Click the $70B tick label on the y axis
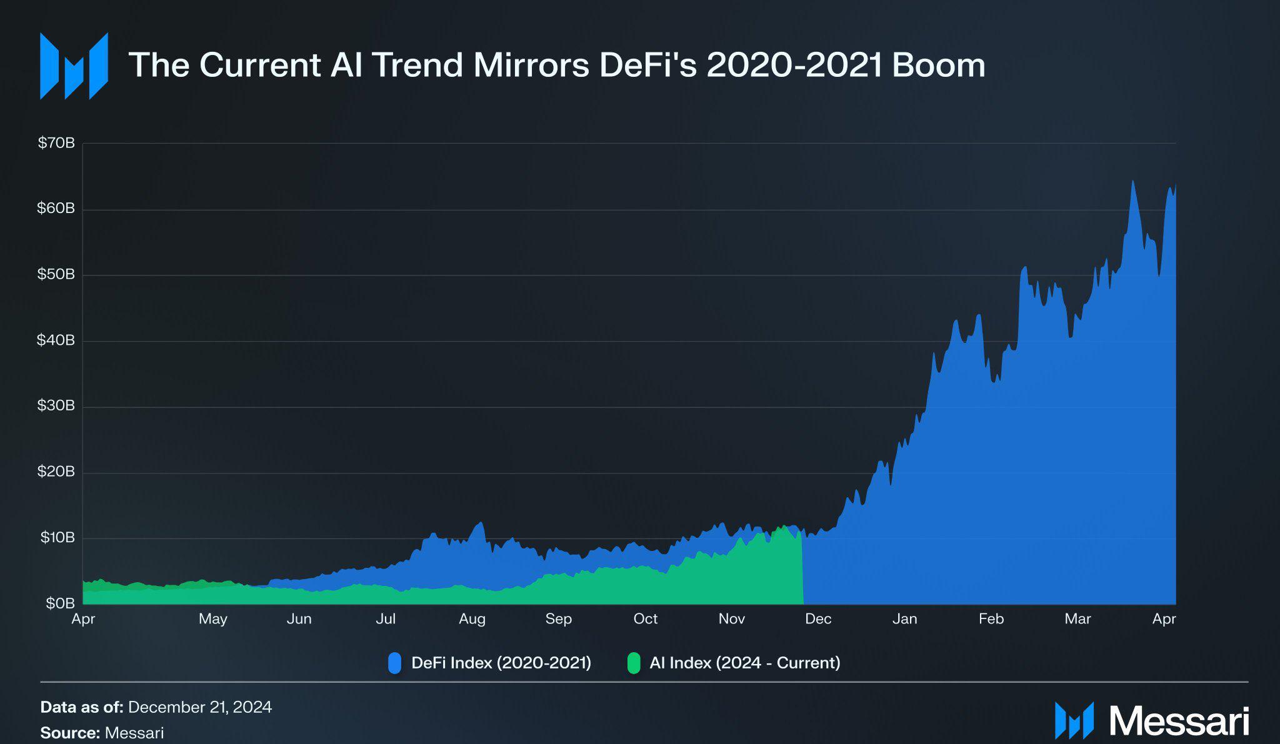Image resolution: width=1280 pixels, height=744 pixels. click(56, 143)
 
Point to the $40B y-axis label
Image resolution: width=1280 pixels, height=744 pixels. click(56, 340)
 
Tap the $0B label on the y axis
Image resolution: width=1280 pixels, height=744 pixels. click(60, 603)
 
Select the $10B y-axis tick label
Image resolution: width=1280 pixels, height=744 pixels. click(57, 537)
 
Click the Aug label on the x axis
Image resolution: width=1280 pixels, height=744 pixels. click(472, 619)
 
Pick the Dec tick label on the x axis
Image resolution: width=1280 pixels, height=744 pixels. click(818, 619)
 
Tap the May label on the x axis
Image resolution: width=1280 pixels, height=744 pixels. click(213, 619)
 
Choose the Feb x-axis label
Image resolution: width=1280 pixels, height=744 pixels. click(991, 619)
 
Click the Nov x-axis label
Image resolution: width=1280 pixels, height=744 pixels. click(732, 619)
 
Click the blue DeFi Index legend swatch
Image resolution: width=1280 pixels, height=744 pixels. click(394, 663)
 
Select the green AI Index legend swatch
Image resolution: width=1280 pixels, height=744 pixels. click(634, 663)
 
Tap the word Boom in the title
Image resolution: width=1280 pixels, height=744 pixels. click(939, 65)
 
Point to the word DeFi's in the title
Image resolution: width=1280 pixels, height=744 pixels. click(648, 65)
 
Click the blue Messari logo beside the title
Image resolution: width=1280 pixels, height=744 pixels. click(74, 66)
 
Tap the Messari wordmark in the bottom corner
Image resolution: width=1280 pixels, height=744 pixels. click(1179, 721)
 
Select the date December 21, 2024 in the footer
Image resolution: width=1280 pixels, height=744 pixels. click(200, 707)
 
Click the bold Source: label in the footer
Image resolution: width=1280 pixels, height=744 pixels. click(70, 733)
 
